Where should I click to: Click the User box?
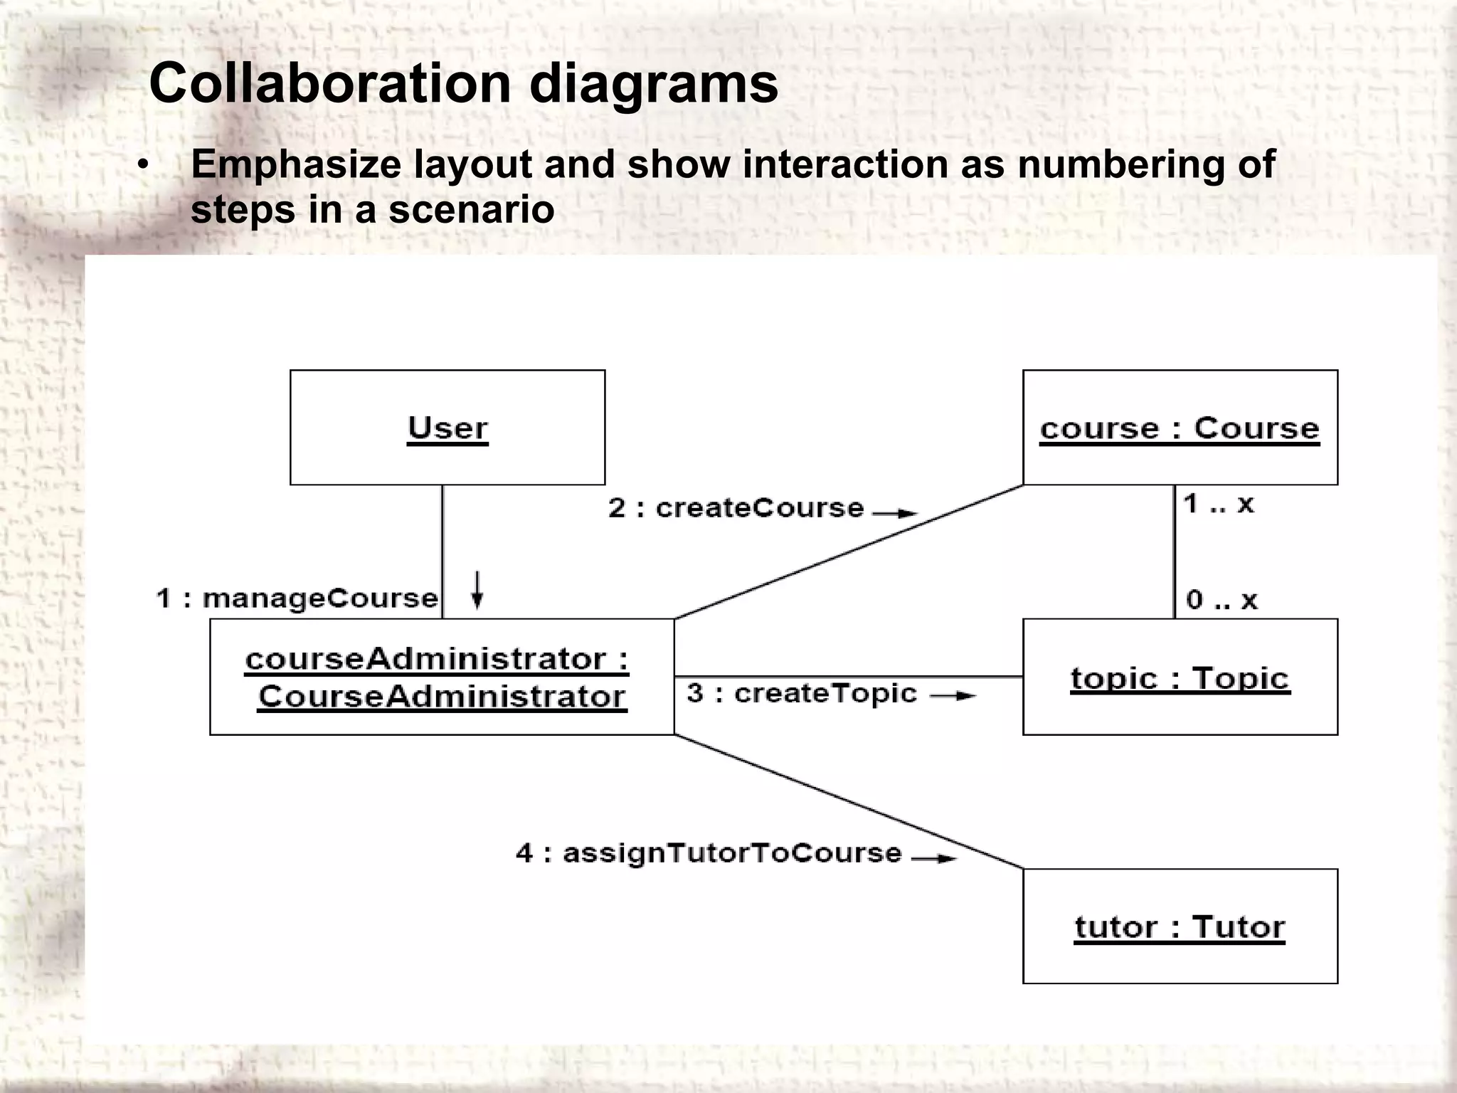point(447,428)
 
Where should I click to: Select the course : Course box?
point(1180,428)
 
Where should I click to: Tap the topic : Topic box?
point(1180,677)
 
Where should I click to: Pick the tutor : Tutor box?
point(1180,926)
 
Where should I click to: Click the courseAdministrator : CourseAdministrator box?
point(442,677)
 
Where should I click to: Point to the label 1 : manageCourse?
point(297,598)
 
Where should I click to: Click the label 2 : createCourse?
point(736,508)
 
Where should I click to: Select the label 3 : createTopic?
point(802,693)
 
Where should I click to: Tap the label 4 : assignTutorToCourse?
point(709,852)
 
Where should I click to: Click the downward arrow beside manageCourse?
point(477,590)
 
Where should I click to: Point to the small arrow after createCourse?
point(896,512)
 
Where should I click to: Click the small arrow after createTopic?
point(953,696)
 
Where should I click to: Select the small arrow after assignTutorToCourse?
point(934,858)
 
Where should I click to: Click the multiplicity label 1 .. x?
point(1218,505)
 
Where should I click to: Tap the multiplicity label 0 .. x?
point(1222,600)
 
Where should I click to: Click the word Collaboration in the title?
point(330,83)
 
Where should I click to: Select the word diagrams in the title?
point(654,83)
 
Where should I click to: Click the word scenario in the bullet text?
point(471,209)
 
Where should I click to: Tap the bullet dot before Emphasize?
point(144,166)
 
